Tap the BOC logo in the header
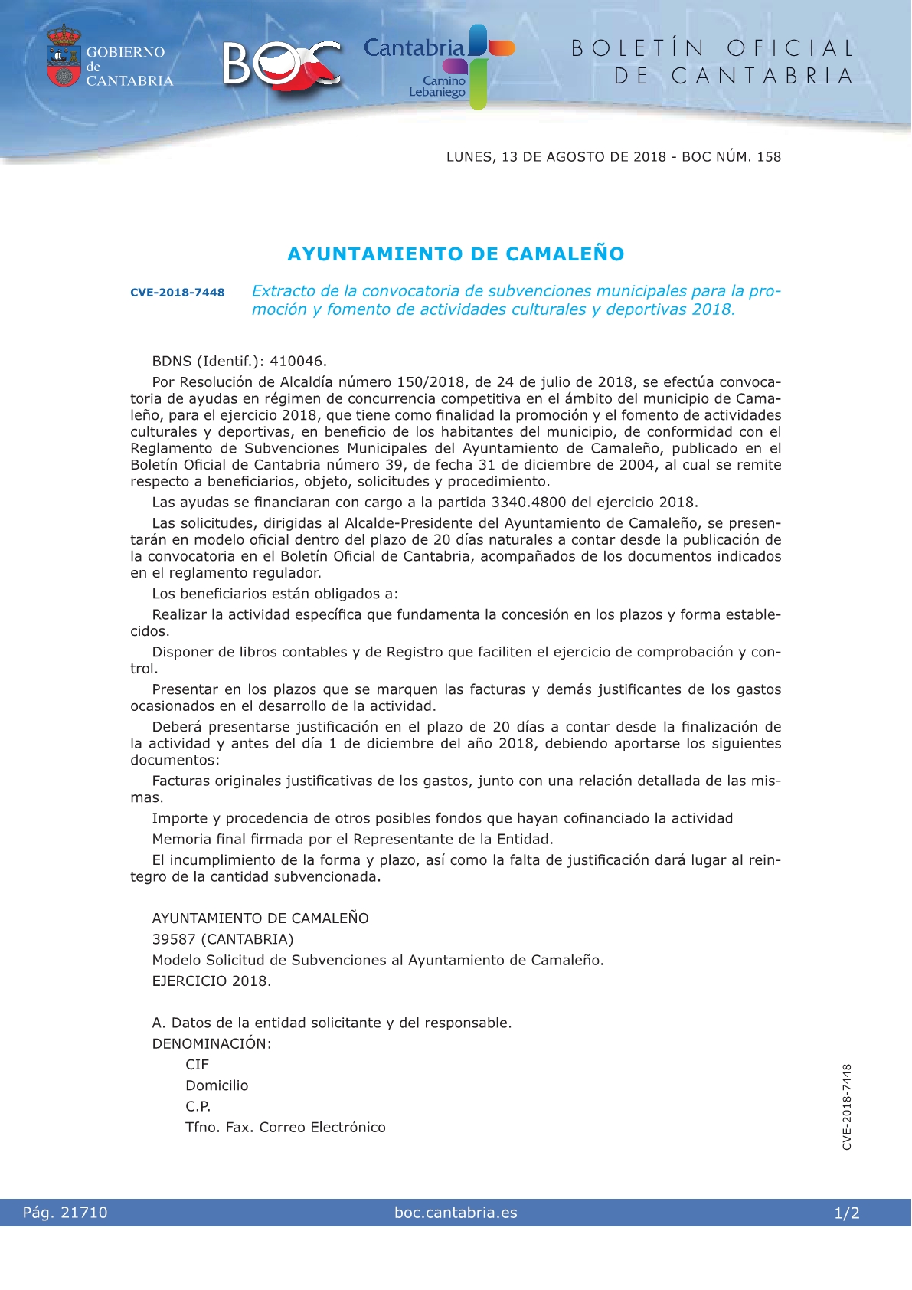tap(282, 64)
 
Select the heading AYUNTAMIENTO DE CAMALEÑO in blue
tap(456, 254)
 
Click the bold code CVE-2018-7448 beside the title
tap(178, 292)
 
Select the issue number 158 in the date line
tap(769, 157)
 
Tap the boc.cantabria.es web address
tap(456, 1213)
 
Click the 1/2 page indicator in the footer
tap(847, 1213)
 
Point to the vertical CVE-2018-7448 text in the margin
tap(847, 1106)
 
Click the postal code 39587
tap(174, 939)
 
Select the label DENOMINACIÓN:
tap(211, 1043)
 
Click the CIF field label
tap(197, 1065)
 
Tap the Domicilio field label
tap(217, 1085)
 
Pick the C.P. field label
tap(198, 1106)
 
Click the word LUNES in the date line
tap(469, 157)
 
